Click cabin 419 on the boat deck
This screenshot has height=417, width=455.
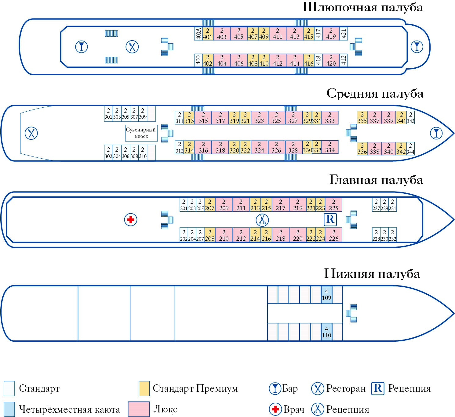pos(331,34)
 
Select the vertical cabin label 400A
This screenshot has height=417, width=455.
pos(198,34)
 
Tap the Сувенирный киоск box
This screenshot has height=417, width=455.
pos(141,133)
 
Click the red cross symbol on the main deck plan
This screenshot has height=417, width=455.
pos(131,220)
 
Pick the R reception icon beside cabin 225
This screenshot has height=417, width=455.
pos(330,219)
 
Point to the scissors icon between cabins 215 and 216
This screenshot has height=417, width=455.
pos(262,220)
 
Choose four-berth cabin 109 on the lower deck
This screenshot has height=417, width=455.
pos(326,295)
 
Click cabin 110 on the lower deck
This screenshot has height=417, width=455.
pos(326,332)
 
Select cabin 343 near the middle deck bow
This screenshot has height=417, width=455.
pos(410,118)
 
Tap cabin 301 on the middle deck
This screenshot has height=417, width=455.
pos(108,114)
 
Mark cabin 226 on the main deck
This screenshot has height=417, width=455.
pos(333,235)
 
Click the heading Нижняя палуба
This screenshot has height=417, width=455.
pos(372,274)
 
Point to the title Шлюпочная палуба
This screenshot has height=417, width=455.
pos(363,8)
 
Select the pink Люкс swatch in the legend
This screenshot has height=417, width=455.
pos(139,409)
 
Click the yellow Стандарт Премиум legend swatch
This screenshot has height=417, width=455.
pos(144,388)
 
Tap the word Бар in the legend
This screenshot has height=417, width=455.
pos(290,388)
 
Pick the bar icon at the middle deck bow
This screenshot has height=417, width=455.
pos(436,133)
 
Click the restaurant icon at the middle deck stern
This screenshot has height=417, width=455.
pos(31,133)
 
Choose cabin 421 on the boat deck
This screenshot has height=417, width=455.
pos(344,34)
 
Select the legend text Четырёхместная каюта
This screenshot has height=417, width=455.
pos(69,409)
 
